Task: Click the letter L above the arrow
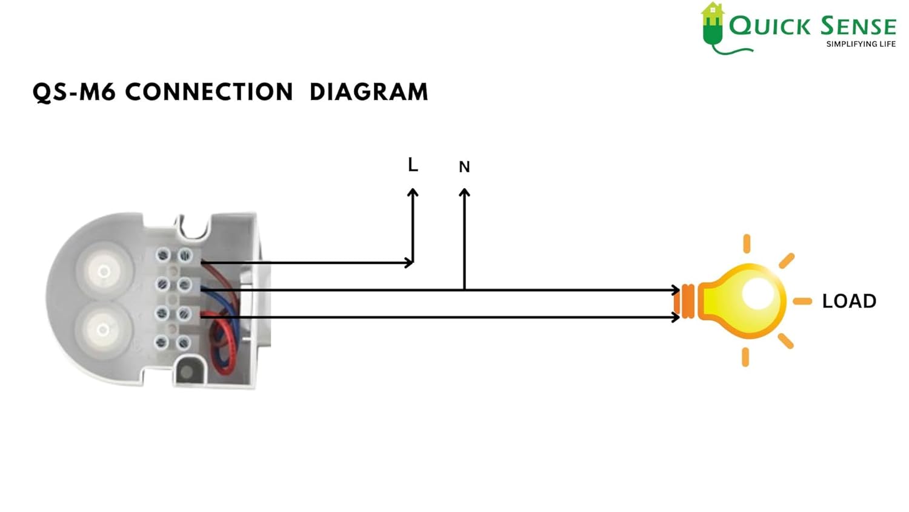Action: (413, 164)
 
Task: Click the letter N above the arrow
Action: (464, 167)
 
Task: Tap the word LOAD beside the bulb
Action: (849, 301)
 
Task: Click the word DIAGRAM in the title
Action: (368, 92)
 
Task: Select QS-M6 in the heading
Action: (73, 92)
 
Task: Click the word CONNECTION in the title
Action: (209, 92)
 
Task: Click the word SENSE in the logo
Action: (858, 26)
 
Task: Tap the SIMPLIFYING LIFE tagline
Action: (861, 44)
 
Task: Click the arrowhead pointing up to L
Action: (413, 193)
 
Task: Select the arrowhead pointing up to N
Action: (464, 193)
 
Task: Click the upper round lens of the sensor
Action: (104, 271)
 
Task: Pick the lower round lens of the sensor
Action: (103, 329)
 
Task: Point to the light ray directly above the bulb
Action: (747, 243)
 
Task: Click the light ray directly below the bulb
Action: (745, 357)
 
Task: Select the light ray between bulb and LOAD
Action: (802, 301)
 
